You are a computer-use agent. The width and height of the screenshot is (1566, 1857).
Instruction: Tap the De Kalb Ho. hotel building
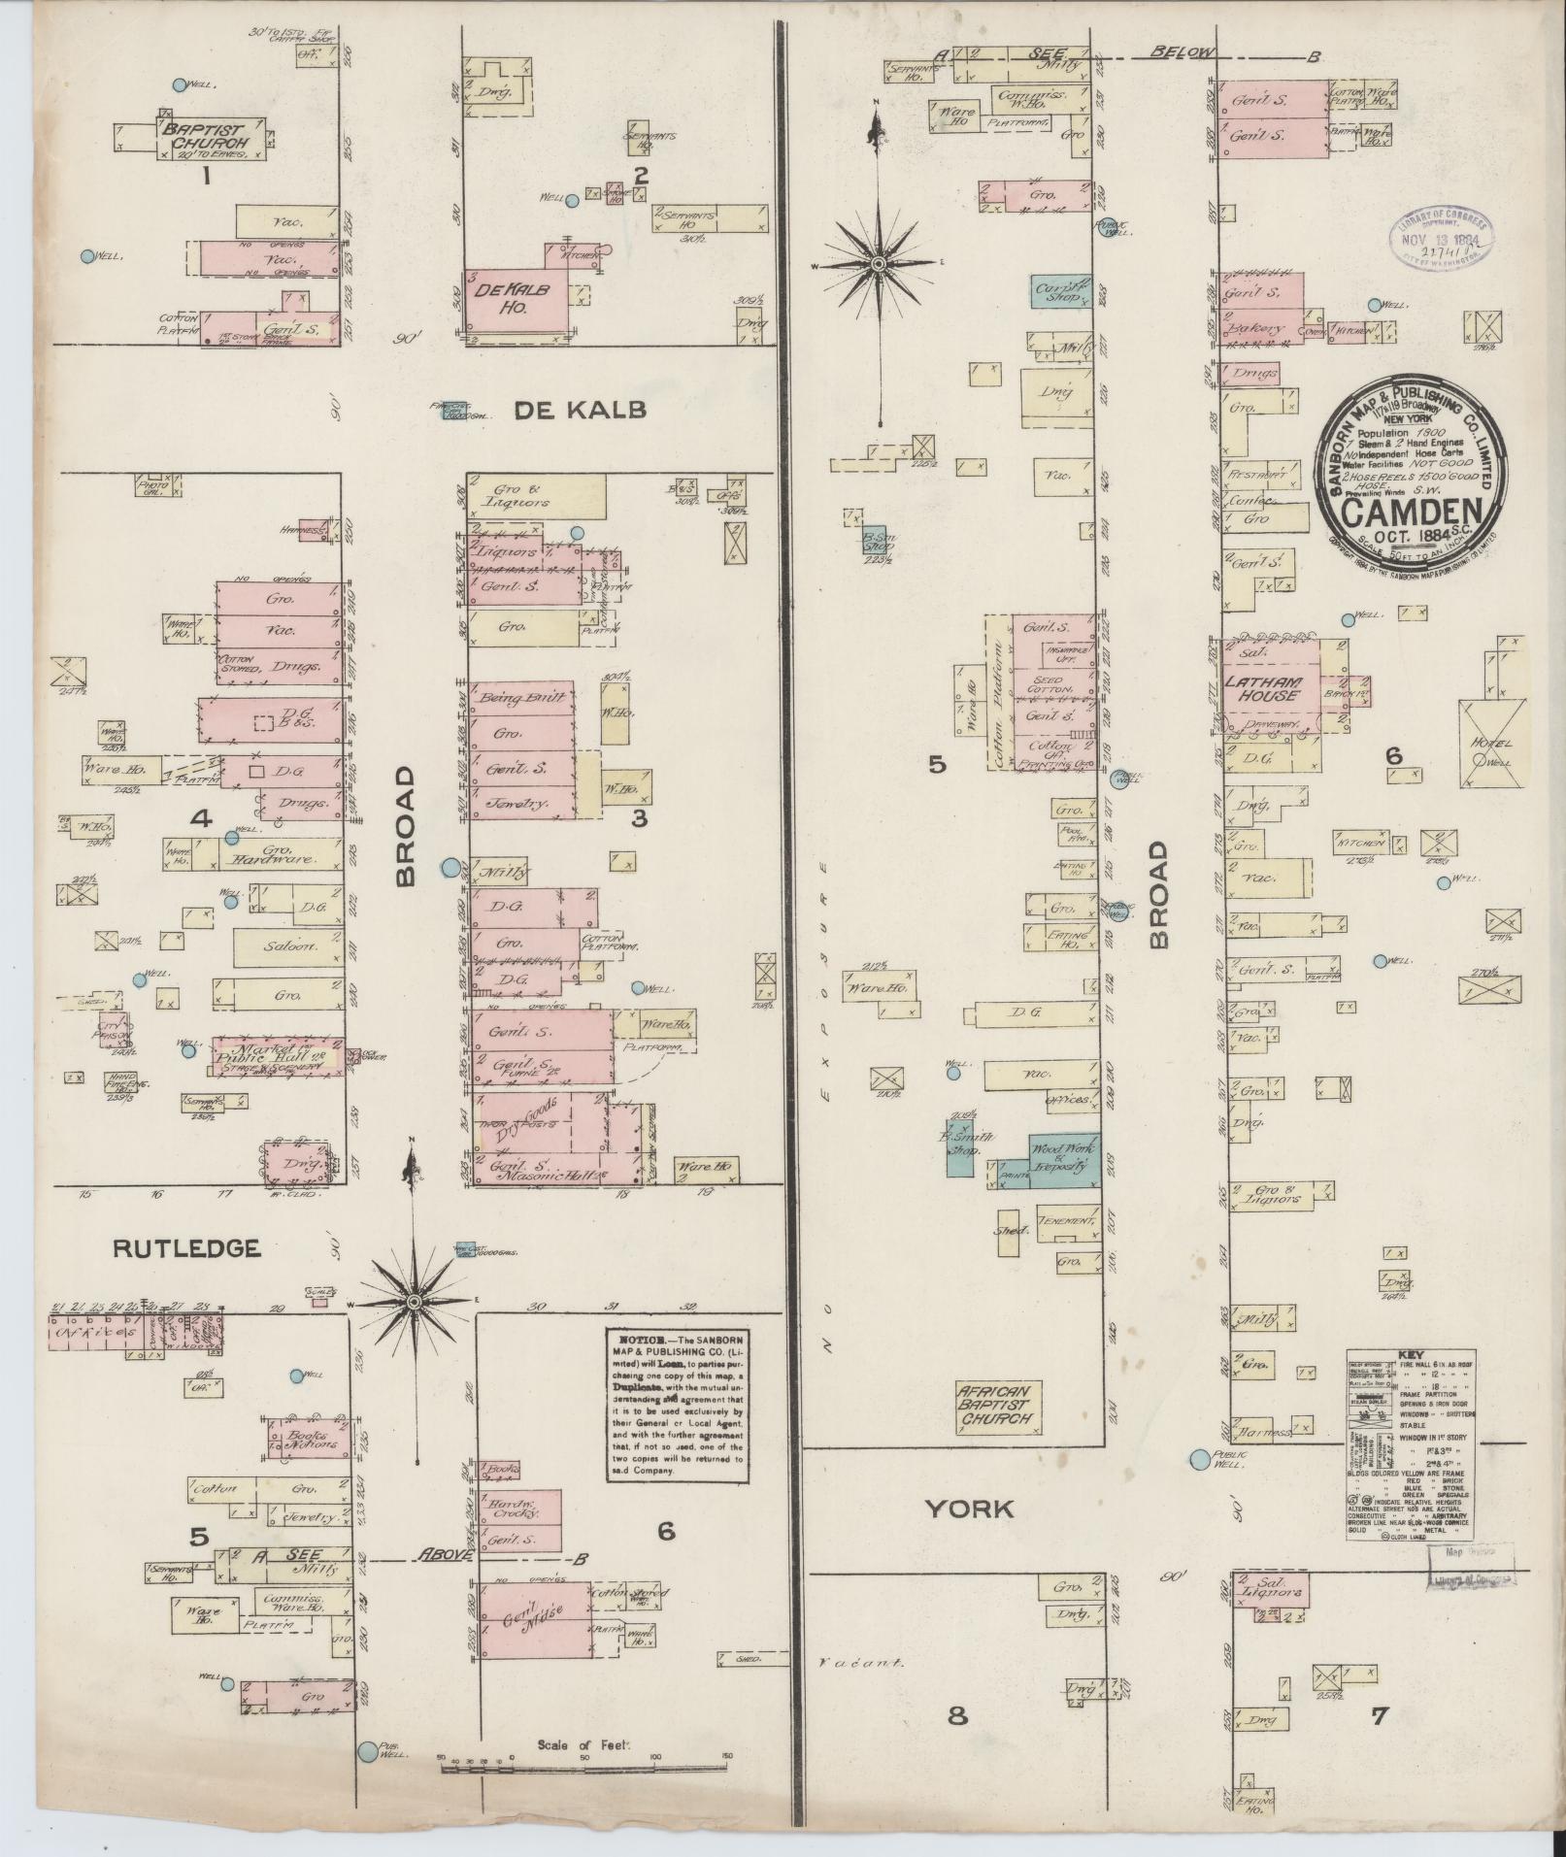point(512,301)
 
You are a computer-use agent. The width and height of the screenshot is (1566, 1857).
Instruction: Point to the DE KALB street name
point(579,410)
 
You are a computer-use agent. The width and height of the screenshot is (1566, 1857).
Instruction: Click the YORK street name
point(968,1508)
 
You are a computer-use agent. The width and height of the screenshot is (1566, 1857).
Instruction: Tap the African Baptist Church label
point(998,1405)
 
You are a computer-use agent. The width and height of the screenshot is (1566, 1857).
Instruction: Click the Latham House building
point(1266,687)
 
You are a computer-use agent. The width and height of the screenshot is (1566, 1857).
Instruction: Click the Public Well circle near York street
point(1201,1459)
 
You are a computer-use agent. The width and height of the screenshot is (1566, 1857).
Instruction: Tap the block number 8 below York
point(957,1715)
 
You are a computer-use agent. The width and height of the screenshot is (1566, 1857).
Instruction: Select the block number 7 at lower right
point(1379,1715)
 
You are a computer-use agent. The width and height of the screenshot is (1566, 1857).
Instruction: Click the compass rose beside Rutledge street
point(414,1301)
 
